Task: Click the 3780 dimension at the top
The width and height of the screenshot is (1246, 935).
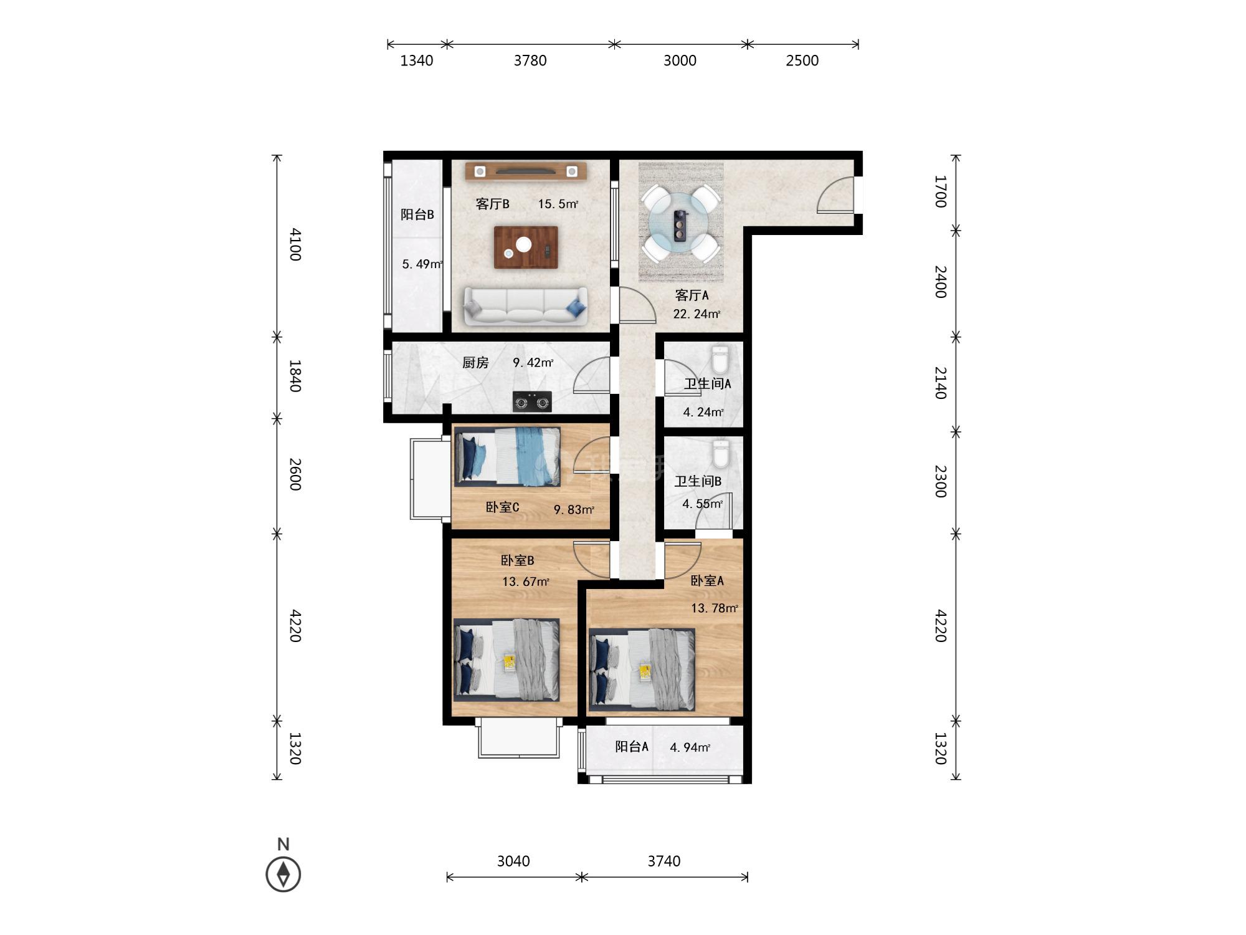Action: click(x=530, y=60)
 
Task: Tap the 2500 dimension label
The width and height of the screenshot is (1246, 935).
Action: click(x=802, y=60)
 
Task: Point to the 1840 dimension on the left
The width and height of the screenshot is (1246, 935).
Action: click(x=295, y=376)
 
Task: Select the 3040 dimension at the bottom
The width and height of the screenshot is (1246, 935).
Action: click(x=513, y=861)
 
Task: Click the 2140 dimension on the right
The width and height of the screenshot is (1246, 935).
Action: click(x=940, y=383)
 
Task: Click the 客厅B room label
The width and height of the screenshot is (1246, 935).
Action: click(x=492, y=204)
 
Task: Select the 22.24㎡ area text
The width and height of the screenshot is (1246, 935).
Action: click(x=697, y=314)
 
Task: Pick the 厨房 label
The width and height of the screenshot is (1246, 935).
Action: click(x=475, y=363)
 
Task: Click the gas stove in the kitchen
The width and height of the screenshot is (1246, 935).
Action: click(x=531, y=402)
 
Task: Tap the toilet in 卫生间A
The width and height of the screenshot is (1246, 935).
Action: click(x=720, y=360)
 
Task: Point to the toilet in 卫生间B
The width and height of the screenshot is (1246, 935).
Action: click(x=721, y=454)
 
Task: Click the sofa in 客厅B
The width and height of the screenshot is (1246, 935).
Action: click(x=526, y=306)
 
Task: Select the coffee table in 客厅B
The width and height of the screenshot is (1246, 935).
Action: click(x=526, y=247)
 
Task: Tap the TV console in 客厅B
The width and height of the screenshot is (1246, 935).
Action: click(x=526, y=171)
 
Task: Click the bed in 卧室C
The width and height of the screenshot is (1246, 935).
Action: click(x=507, y=456)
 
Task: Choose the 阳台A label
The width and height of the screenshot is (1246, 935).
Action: click(x=632, y=747)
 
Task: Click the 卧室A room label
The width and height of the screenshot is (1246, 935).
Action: click(x=707, y=581)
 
